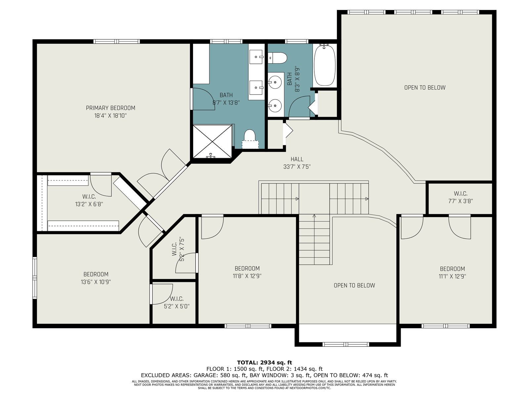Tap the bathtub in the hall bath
coord(324,65)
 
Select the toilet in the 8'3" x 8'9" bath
coord(278,58)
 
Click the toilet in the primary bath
coord(250,139)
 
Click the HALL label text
coord(297,159)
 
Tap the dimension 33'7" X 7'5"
coord(297,167)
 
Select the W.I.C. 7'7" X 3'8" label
coord(461,197)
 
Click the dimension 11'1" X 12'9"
coord(452,276)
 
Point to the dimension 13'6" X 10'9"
coord(96,282)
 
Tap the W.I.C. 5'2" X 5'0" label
coord(177,302)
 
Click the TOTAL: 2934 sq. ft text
coord(264,363)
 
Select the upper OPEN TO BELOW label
coord(425,87)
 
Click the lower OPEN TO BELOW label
coord(354,286)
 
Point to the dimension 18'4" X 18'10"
coord(110,116)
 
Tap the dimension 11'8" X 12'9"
coord(247,276)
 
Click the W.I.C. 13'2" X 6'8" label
coord(89,200)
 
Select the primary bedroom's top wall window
coord(117,41)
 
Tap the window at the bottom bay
coord(346,344)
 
